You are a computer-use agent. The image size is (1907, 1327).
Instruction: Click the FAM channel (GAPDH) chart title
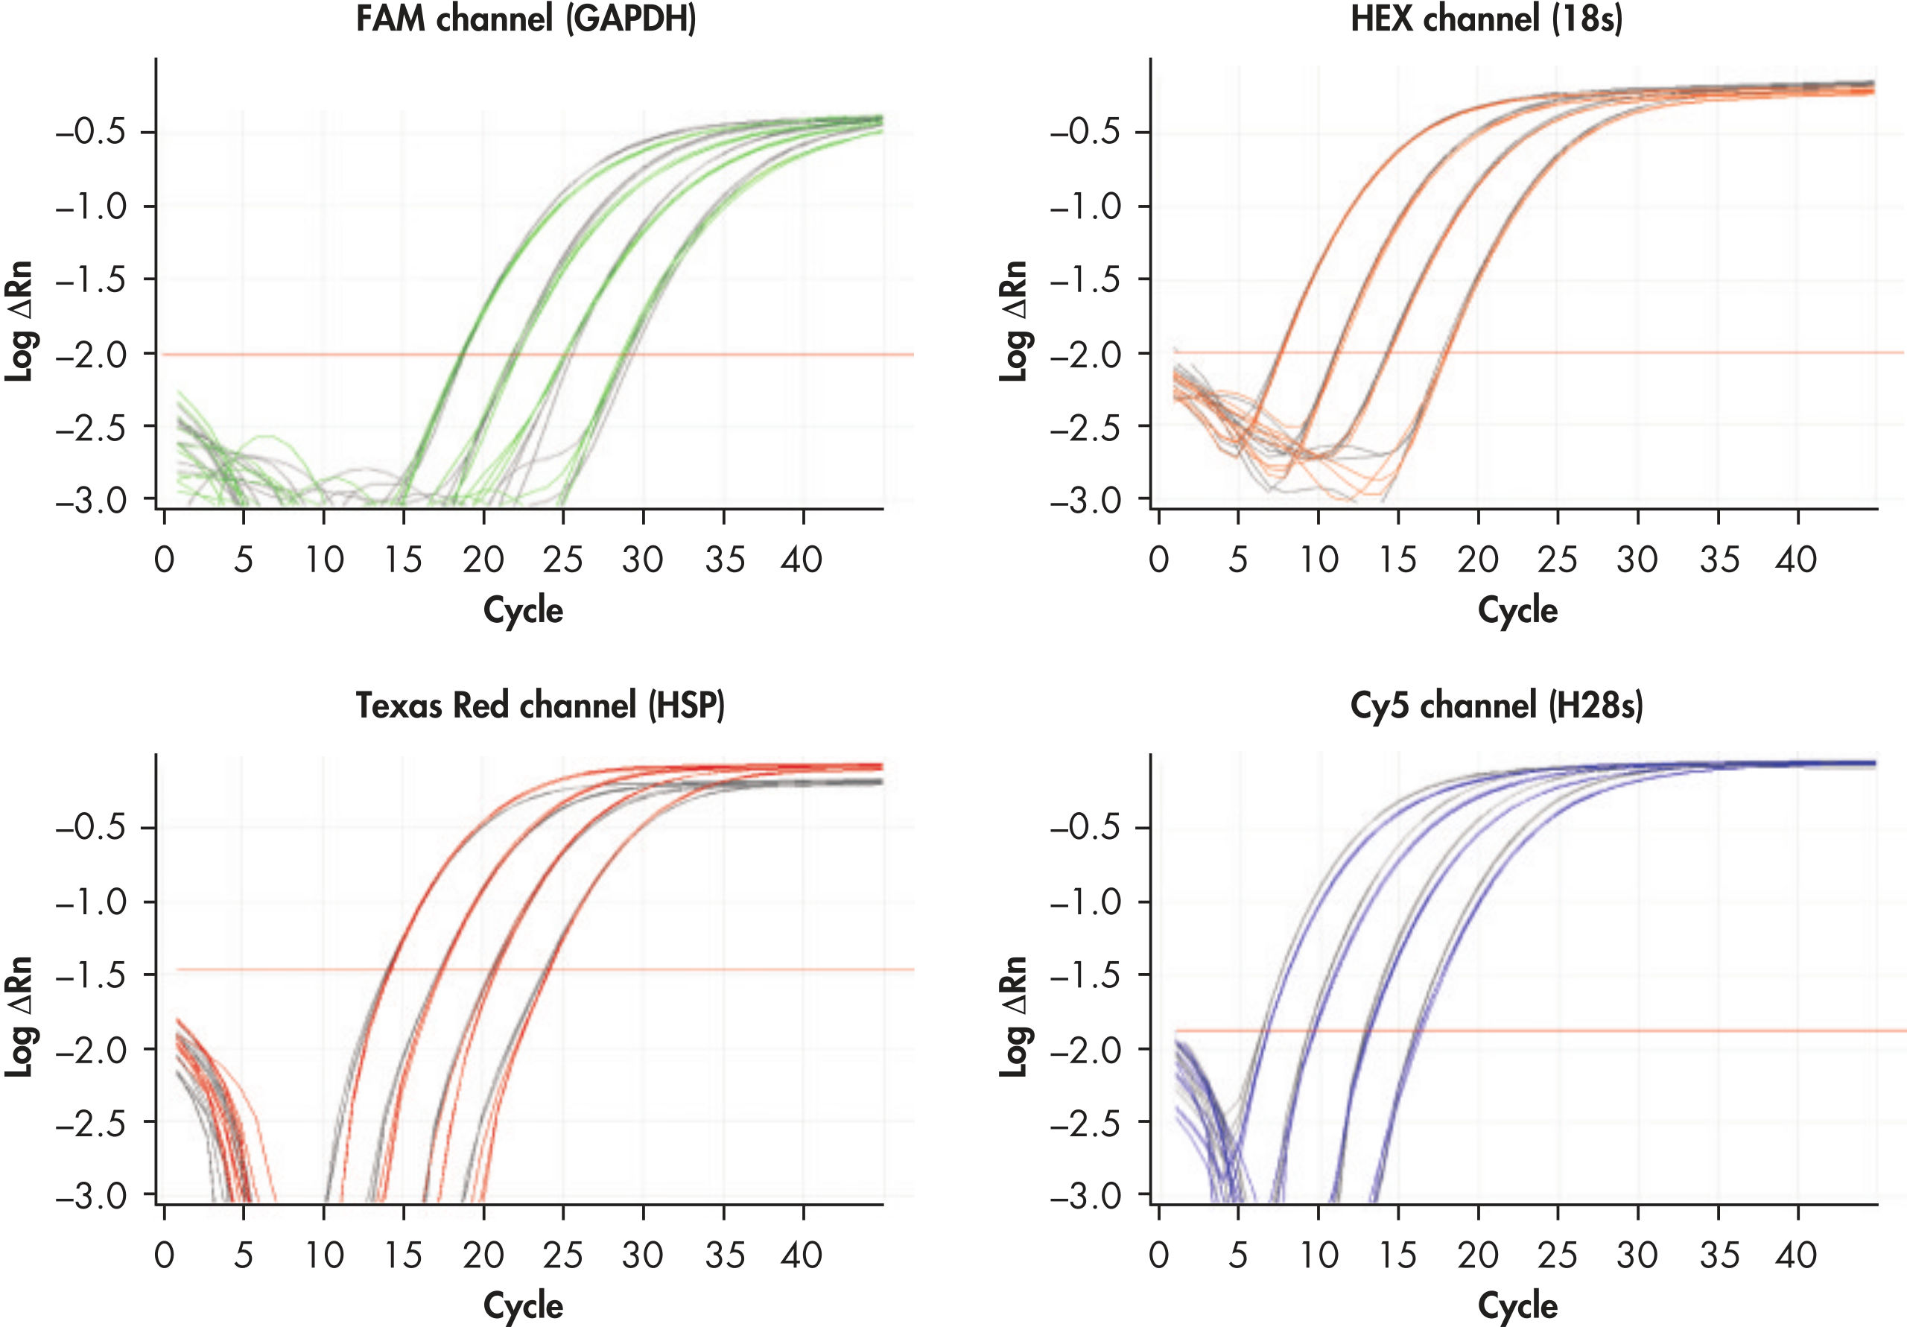pyautogui.click(x=526, y=19)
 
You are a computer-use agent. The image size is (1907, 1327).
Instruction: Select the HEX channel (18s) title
pyautogui.click(x=1486, y=19)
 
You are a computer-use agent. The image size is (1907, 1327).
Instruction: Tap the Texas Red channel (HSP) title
pyautogui.click(x=540, y=706)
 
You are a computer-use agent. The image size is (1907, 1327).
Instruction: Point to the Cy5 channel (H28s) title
pyautogui.click(x=1496, y=706)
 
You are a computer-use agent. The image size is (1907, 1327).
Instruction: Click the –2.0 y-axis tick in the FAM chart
pyautogui.click(x=92, y=355)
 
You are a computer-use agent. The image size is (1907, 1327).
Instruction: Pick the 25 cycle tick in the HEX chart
pyautogui.click(x=1556, y=560)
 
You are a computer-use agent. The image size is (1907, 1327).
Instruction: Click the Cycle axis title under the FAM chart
pyautogui.click(x=523, y=610)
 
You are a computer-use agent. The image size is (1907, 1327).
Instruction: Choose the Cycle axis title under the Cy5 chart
pyautogui.click(x=1517, y=1305)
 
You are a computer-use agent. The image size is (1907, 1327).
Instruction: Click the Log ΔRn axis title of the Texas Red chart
pyautogui.click(x=19, y=1016)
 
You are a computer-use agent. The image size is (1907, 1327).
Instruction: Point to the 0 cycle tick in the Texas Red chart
pyautogui.click(x=165, y=1255)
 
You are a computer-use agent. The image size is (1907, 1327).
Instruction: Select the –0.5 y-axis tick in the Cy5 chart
pyautogui.click(x=1086, y=828)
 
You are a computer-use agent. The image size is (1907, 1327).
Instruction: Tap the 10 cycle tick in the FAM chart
pyautogui.click(x=324, y=560)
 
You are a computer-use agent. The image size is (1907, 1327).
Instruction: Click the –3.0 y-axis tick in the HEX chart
pyautogui.click(x=1086, y=501)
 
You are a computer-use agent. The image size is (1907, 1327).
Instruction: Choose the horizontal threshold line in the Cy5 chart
pyautogui.click(x=1661, y=1031)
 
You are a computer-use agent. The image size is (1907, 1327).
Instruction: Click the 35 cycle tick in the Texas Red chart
pyautogui.click(x=724, y=1255)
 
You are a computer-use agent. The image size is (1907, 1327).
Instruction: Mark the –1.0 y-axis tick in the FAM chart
pyautogui.click(x=92, y=206)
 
